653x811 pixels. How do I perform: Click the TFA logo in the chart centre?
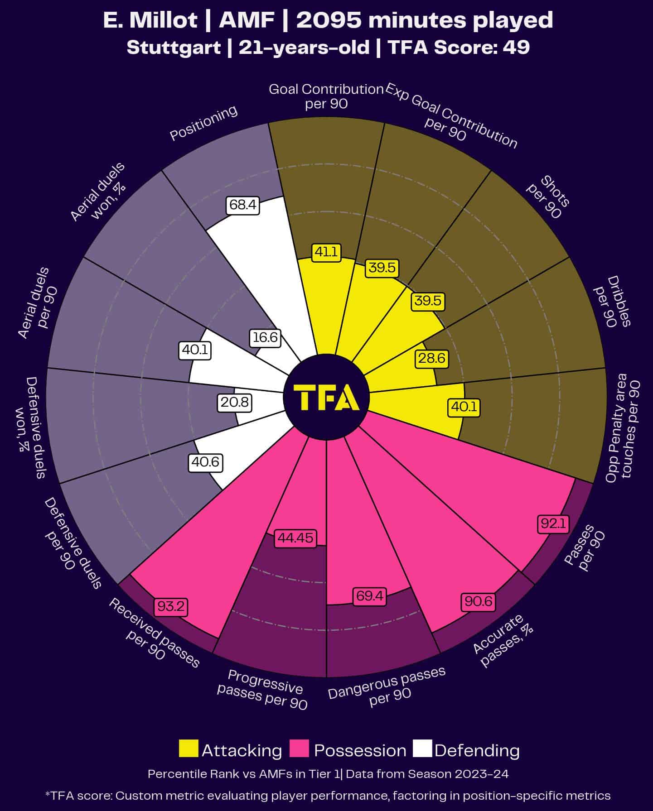click(326, 397)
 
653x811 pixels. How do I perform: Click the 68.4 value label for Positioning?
click(243, 205)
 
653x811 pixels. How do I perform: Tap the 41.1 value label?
click(326, 252)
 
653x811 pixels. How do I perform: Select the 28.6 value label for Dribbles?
click(431, 359)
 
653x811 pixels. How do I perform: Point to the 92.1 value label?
click(552, 524)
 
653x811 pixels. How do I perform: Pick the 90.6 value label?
click(478, 601)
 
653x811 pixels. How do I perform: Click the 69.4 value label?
click(370, 596)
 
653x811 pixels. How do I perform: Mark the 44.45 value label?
click(295, 538)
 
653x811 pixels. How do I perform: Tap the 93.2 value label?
click(170, 606)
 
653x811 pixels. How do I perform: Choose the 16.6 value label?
click(266, 338)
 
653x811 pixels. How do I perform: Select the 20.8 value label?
click(235, 403)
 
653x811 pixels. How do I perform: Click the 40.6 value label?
click(205, 462)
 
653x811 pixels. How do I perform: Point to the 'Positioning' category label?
click(203, 123)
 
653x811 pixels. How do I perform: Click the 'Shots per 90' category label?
click(547, 198)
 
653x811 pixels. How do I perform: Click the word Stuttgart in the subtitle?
click(174, 47)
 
